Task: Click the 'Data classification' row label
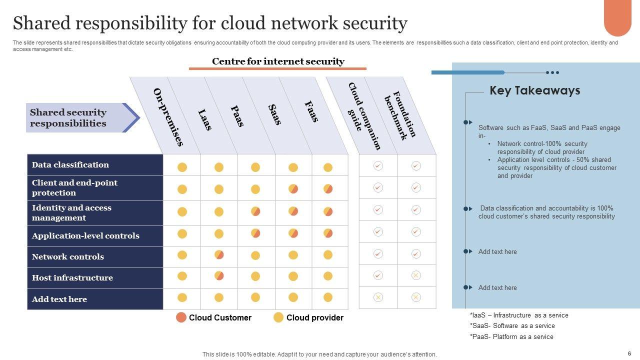70,165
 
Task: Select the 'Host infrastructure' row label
72,278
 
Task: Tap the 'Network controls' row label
68,257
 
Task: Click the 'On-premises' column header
168,117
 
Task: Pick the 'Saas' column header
274,115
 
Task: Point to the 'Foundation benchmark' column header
400,115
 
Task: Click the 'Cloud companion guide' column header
364,116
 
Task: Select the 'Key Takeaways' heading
534,90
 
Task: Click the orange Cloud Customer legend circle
181,317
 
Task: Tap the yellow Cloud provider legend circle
278,317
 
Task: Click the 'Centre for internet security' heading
278,61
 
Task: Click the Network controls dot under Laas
219,255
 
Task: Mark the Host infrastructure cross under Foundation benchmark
416,275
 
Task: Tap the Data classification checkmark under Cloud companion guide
378,165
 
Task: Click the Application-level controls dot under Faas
328,233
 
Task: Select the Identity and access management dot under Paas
255,211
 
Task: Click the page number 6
629,353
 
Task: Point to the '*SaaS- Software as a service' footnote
512,326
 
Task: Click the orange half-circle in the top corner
617,17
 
